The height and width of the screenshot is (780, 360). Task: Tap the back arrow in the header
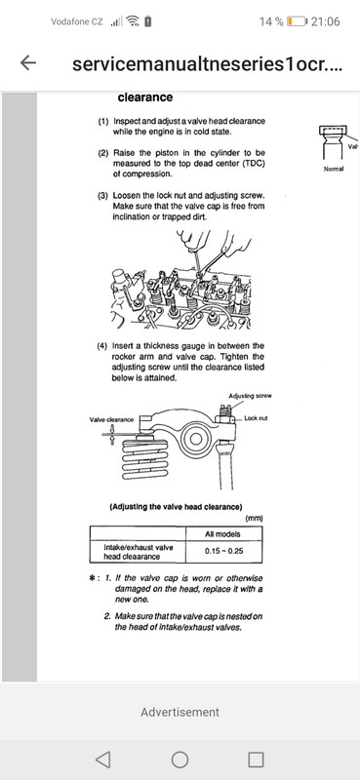point(28,62)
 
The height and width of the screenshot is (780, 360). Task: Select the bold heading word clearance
point(144,97)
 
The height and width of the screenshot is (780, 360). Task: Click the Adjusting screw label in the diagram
point(253,396)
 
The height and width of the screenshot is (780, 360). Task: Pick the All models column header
point(223,533)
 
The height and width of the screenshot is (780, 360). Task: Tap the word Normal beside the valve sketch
point(335,169)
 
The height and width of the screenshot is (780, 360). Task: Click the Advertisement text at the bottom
point(180,712)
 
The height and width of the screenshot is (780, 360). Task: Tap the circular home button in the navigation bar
point(180,759)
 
